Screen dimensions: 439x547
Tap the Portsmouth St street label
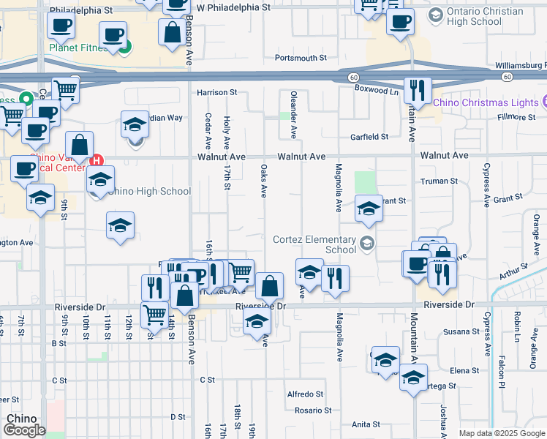point(301,58)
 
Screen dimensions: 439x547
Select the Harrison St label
point(217,93)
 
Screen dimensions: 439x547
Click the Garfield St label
point(369,137)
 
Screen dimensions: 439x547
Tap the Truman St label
point(439,181)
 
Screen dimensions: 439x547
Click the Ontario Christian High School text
point(486,16)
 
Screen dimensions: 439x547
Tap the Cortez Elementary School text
point(314,244)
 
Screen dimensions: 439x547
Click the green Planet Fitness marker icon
point(125,48)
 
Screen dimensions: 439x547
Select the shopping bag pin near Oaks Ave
point(270,287)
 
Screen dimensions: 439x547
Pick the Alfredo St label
point(305,394)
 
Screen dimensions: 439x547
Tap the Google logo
point(24,430)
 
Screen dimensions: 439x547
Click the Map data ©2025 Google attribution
point(501,433)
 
